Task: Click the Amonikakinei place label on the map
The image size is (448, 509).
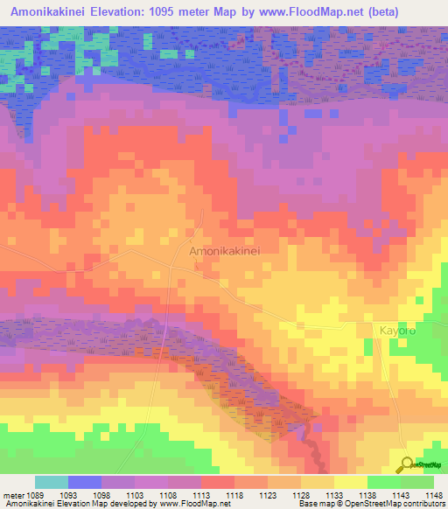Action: click(x=225, y=250)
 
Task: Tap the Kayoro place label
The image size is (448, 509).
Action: click(x=398, y=331)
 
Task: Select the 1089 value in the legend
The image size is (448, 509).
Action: click(x=34, y=494)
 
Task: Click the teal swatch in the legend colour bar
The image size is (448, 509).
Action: click(x=51, y=482)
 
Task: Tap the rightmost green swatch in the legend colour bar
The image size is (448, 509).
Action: click(x=416, y=482)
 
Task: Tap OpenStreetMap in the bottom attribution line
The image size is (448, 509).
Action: click(x=367, y=504)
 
